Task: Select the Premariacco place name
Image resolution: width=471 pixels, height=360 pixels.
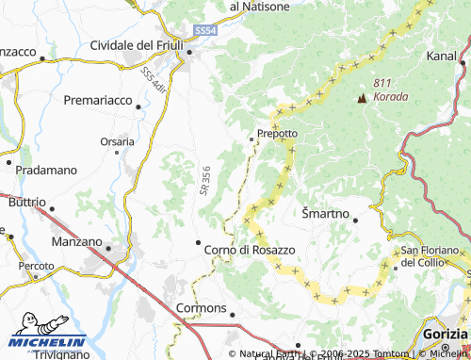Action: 100,98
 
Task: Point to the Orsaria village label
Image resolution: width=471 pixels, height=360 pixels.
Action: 117,142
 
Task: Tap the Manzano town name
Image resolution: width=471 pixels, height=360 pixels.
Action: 77,241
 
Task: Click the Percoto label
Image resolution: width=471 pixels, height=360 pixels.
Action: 39,267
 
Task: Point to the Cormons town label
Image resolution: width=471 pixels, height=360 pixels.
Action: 202,308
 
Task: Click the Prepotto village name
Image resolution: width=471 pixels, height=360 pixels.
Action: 278,134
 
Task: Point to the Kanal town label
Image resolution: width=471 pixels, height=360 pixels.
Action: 442,57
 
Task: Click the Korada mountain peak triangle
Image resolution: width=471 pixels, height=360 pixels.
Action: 362,96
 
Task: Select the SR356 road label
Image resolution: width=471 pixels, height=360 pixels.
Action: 204,182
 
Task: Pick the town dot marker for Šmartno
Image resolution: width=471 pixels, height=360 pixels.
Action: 355,220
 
